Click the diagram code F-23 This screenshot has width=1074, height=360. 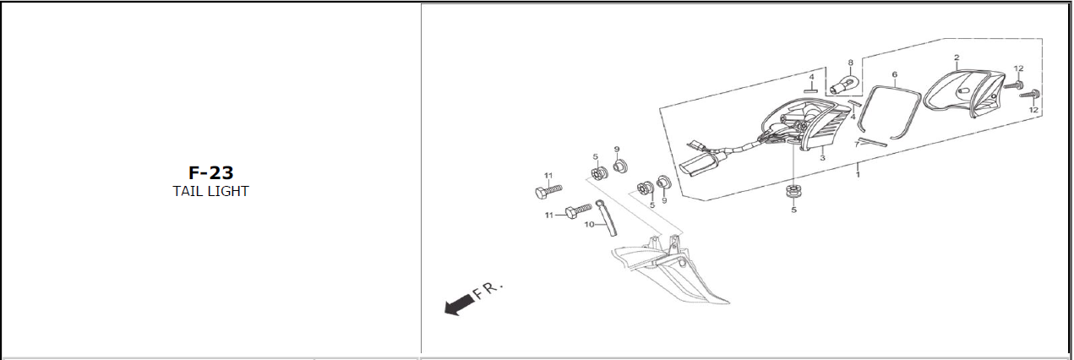pyautogui.click(x=210, y=173)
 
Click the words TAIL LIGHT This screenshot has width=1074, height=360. pyautogui.click(x=210, y=191)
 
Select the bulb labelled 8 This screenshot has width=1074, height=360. pyautogui.click(x=843, y=83)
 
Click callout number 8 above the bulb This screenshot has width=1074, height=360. pyautogui.click(x=850, y=63)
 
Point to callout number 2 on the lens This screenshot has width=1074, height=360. pyautogui.click(x=957, y=57)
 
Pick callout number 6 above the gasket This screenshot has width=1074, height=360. pyautogui.click(x=894, y=74)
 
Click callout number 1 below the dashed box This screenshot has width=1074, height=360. pyautogui.click(x=858, y=174)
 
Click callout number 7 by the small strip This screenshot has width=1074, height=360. pyautogui.click(x=857, y=145)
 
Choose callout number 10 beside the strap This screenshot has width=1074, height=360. pyautogui.click(x=589, y=225)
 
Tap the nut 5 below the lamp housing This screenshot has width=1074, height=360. pyautogui.click(x=793, y=190)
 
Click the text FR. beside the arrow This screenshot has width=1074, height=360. pyautogui.click(x=488, y=292)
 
